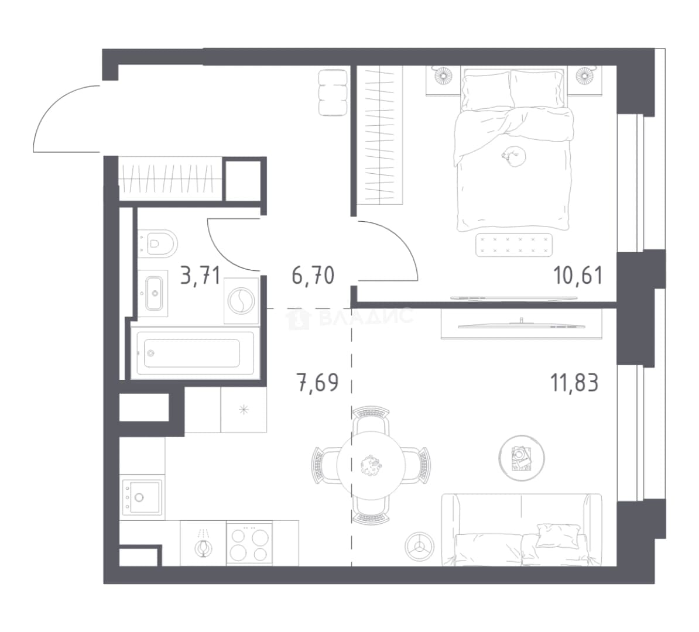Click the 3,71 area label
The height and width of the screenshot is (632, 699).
coord(200,276)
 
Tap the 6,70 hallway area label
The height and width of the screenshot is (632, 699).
coord(313,276)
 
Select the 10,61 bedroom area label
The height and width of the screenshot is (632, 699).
coord(578,275)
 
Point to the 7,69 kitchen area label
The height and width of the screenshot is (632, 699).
coord(318,383)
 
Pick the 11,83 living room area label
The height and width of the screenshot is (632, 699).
coord(575,382)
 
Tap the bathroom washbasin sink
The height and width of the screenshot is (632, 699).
coord(154,293)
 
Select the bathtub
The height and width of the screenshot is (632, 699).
coord(194,353)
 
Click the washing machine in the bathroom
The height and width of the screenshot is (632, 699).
coord(241,300)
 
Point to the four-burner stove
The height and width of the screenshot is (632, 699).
coord(249,543)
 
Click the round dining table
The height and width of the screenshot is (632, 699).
coord(371,465)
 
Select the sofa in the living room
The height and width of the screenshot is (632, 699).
coord(521,530)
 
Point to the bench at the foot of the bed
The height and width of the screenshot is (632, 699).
coord(514,245)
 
